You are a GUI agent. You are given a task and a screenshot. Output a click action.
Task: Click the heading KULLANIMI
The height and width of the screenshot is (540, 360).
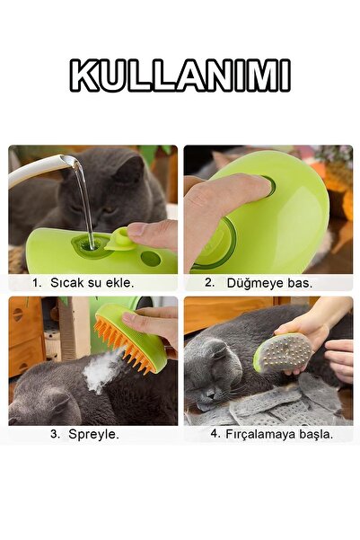pos(180,76)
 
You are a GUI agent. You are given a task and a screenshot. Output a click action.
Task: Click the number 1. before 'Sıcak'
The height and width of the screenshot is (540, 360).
pos(38,282)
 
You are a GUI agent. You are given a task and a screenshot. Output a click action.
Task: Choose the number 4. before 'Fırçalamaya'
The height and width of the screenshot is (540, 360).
pos(215,433)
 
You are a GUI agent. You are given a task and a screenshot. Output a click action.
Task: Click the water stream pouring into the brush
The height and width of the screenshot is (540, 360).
pos(82,202)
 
